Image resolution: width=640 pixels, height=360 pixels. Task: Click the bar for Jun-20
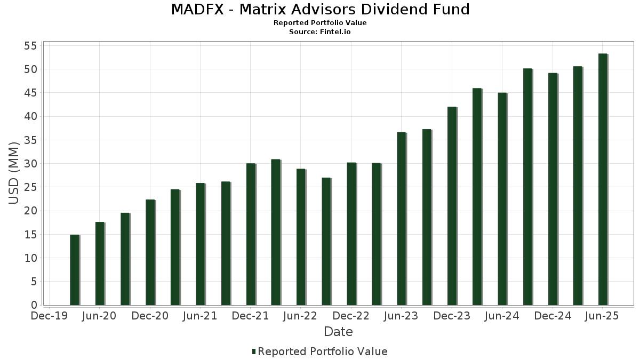point(100,263)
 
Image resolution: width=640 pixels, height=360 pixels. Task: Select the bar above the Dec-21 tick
point(251,234)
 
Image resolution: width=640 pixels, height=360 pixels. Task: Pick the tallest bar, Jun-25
point(603,179)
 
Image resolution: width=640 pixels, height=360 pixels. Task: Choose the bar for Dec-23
point(452,206)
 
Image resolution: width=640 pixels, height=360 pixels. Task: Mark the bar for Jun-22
point(301,237)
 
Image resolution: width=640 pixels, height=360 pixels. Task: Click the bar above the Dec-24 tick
point(553,189)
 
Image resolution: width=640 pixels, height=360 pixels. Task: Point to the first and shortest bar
point(75,270)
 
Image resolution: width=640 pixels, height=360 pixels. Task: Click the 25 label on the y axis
point(30,187)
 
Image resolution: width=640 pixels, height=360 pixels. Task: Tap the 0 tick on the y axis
point(34,305)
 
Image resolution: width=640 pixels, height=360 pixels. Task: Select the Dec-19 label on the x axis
point(49,316)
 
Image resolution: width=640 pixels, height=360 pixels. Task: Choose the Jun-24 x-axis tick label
point(502,316)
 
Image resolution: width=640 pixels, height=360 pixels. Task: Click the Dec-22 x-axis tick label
point(351,316)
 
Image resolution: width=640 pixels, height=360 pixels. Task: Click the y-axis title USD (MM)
point(14,173)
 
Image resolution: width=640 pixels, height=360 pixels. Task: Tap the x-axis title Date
point(338,332)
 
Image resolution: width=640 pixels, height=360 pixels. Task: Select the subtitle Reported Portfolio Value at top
point(320,23)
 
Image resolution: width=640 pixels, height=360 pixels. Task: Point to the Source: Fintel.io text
point(320,32)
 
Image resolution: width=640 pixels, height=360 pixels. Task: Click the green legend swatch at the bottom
point(254,351)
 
